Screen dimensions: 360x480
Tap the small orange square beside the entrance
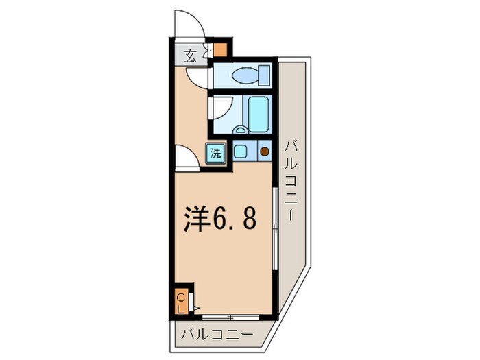(220, 50)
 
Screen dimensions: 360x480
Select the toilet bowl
(243, 75)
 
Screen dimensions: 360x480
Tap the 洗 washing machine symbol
(215, 154)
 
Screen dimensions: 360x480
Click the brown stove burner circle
(264, 152)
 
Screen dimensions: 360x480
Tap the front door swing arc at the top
(188, 24)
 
